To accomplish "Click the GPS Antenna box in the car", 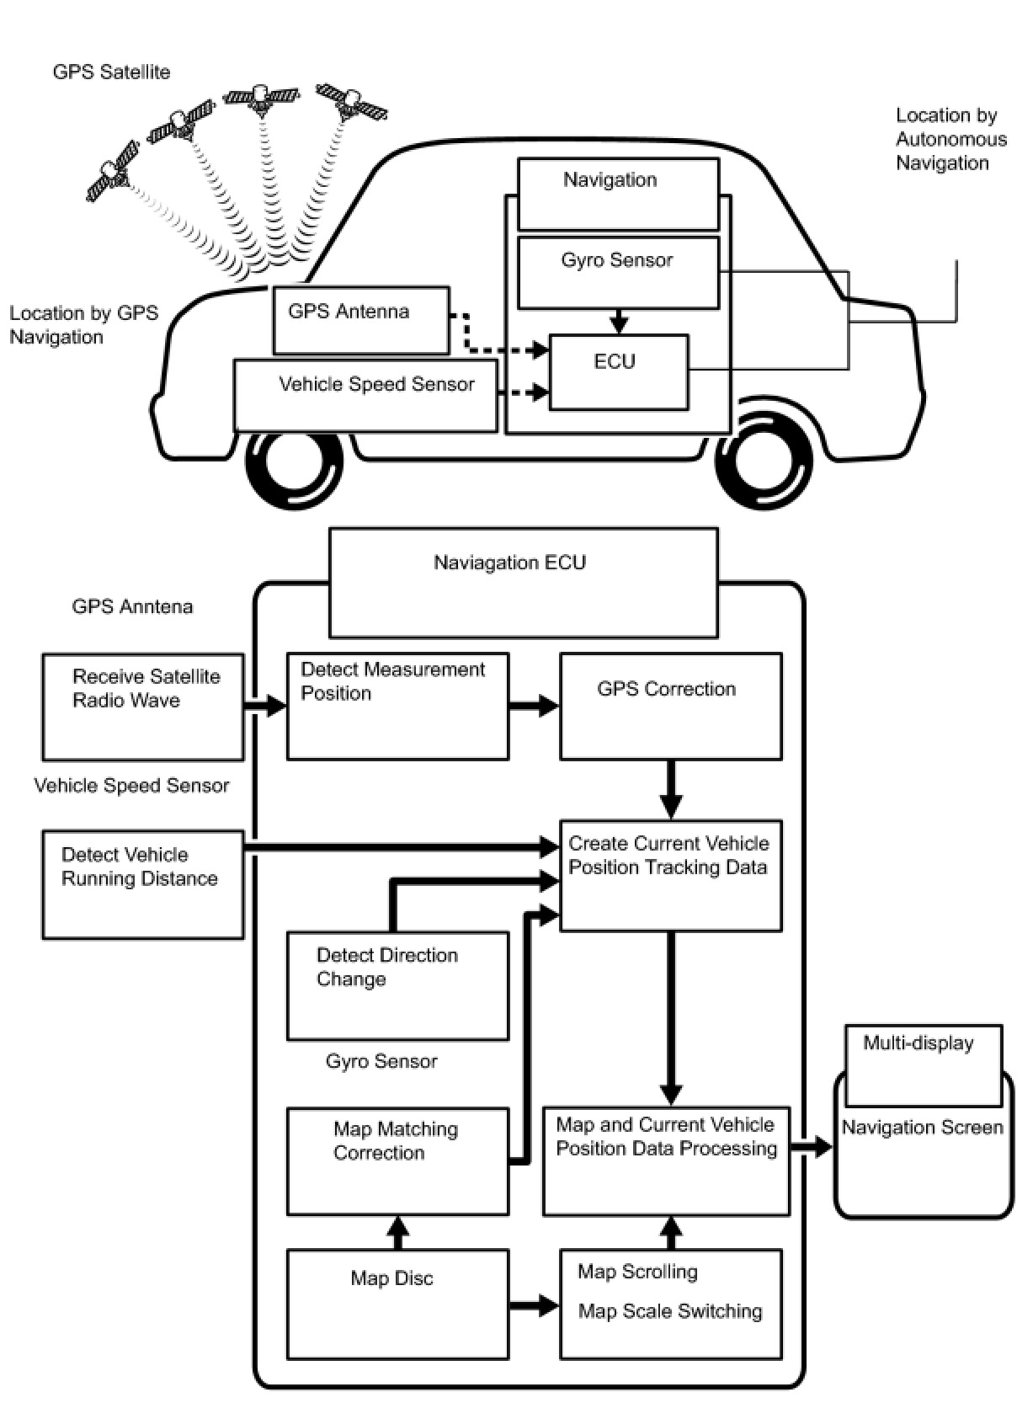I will pos(361,320).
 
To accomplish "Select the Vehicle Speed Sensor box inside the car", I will pos(365,396).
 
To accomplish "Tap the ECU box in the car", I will pos(619,372).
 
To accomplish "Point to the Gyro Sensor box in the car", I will pos(618,272).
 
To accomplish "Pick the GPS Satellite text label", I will pos(111,72).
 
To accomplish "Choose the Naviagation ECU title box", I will pos(523,582).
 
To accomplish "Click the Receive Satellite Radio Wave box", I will pos(143,707).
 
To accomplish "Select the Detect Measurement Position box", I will pos(397,707).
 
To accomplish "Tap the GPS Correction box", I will pos(670,707).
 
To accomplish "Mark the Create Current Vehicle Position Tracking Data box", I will pos(670,875).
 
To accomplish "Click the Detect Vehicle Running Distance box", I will pos(143,884).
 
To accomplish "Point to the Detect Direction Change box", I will pos(397,985).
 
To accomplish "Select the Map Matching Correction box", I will pos(397,1160).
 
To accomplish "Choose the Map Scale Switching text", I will pos(670,1311).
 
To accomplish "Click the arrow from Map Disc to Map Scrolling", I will pos(534,1306).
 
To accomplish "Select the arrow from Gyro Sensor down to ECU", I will pos(619,321).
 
